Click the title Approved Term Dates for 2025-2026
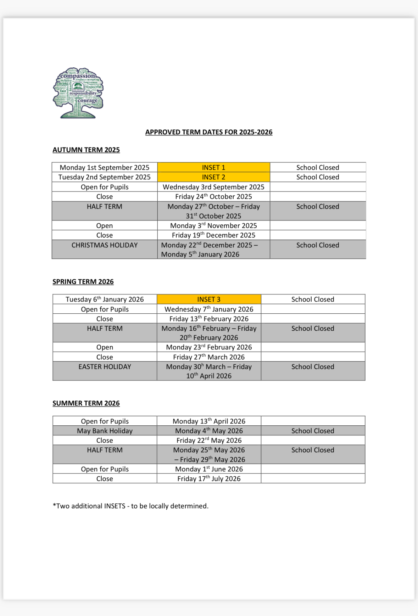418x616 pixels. point(209,132)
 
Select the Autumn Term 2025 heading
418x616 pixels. point(86,150)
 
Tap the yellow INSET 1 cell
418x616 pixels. point(213,167)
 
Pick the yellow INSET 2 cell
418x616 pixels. point(213,177)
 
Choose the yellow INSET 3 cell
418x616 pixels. point(209,299)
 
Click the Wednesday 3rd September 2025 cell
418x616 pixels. point(213,187)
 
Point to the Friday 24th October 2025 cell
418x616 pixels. point(213,196)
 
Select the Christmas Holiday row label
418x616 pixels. point(105,245)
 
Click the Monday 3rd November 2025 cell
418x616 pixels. point(213,225)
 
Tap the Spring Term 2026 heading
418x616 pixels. point(83,282)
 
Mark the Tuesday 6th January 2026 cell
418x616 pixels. point(105,299)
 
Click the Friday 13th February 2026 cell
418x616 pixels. point(209,319)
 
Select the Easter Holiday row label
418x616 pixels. point(105,367)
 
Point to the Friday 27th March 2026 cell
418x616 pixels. point(209,357)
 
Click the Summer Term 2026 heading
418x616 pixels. point(86,403)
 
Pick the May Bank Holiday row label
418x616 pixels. point(105,431)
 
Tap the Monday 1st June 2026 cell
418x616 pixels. point(209,469)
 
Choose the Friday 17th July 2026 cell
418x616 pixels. point(209,478)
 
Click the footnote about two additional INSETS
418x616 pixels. point(130,506)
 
